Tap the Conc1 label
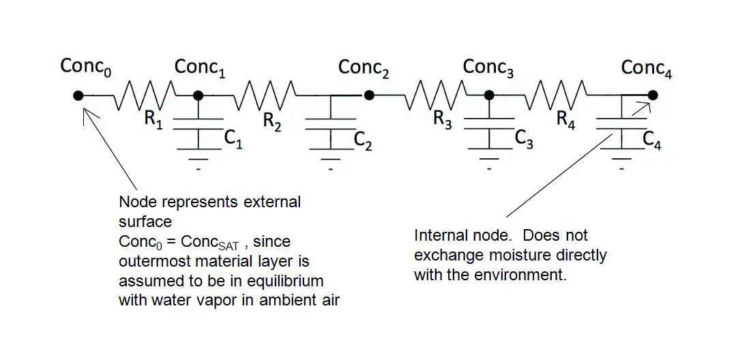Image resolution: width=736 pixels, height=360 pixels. (x=200, y=67)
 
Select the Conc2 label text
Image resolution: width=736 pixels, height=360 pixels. (x=364, y=67)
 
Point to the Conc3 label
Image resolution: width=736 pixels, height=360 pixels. (x=488, y=67)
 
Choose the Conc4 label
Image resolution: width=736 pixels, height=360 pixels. (x=647, y=68)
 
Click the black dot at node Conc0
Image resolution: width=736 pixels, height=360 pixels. (x=78, y=95)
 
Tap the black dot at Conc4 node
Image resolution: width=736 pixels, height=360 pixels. (x=653, y=95)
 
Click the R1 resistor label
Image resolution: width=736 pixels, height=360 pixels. (x=153, y=119)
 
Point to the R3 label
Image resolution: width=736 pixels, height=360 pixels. (x=442, y=120)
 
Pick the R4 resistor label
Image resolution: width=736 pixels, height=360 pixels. (x=565, y=120)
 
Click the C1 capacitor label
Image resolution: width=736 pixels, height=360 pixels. (x=233, y=139)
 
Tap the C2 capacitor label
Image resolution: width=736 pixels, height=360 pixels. (x=363, y=140)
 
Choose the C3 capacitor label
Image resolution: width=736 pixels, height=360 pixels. (x=524, y=139)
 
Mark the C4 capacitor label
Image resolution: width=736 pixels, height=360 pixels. (x=651, y=140)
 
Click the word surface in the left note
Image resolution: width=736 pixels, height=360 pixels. (x=145, y=222)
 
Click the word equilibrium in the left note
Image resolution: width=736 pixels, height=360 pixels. (x=286, y=281)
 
